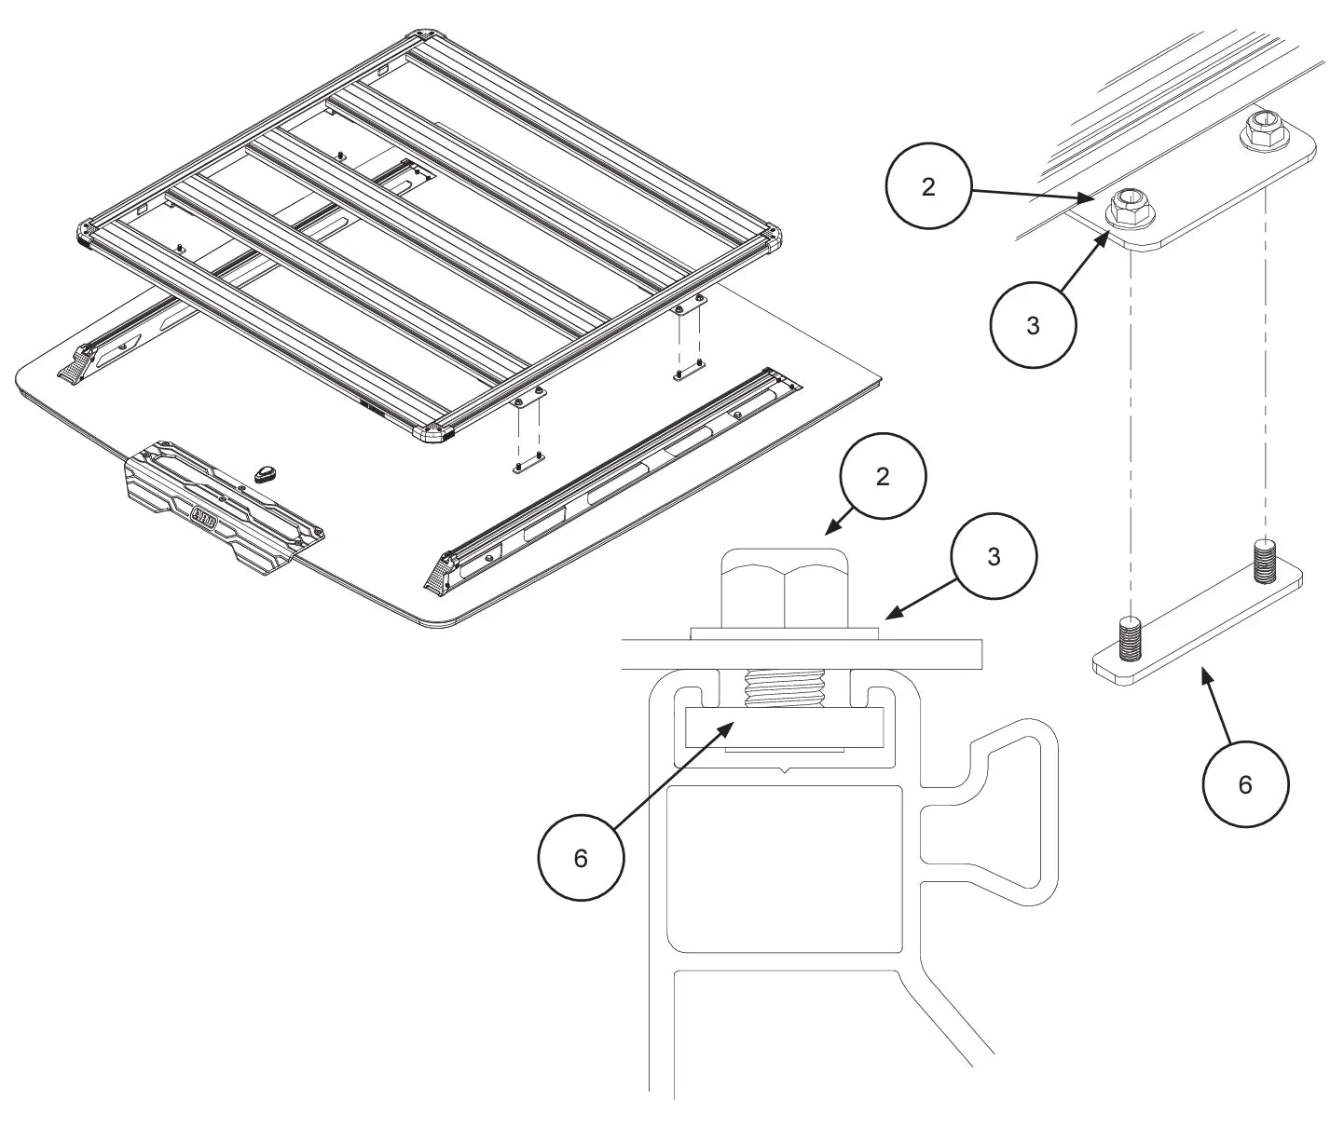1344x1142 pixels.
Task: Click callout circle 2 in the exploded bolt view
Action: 927,186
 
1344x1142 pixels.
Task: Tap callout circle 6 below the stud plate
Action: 1245,784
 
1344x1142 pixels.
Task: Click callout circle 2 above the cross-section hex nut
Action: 883,476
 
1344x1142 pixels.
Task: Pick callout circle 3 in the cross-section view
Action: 994,557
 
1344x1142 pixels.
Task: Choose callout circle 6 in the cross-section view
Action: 581,858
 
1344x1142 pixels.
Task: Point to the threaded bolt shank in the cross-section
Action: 786,689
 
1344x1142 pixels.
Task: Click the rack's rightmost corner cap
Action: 771,238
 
